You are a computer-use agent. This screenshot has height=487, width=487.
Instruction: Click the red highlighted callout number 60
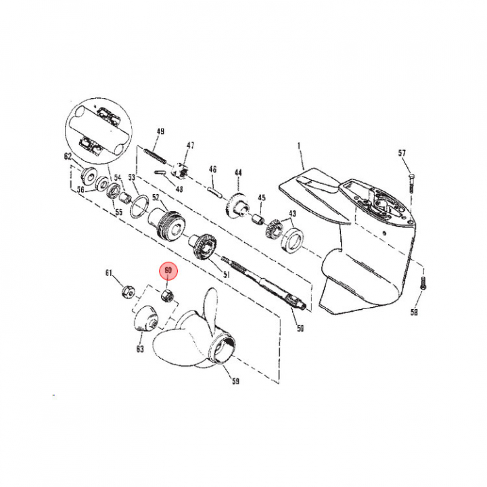tap(168, 271)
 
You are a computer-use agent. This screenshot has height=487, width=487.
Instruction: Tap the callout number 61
tap(109, 273)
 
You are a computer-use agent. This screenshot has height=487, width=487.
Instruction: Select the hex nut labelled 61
tap(128, 292)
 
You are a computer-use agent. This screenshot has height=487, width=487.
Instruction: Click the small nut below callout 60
tap(168, 296)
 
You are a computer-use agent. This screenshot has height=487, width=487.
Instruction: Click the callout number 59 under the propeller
tap(236, 381)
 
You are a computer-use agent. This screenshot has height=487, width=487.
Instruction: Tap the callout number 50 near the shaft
tap(300, 328)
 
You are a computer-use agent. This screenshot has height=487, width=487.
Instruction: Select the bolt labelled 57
tap(411, 183)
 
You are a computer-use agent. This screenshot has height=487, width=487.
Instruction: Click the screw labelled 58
tap(422, 283)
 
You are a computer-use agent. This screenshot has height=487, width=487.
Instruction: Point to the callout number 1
tap(299, 145)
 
